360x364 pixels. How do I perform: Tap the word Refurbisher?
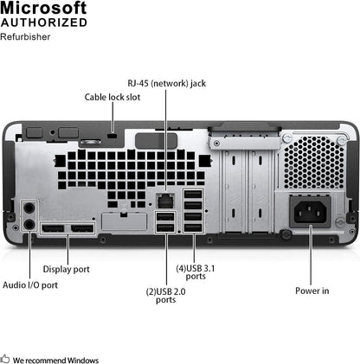pyautogui.click(x=26, y=38)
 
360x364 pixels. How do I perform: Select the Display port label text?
pyautogui.click(x=67, y=269)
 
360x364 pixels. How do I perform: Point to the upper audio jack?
pyautogui.click(x=29, y=208)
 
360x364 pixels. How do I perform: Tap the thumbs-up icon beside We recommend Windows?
pyautogui.click(x=6, y=359)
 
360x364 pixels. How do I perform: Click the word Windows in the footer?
pyautogui.click(x=83, y=360)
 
